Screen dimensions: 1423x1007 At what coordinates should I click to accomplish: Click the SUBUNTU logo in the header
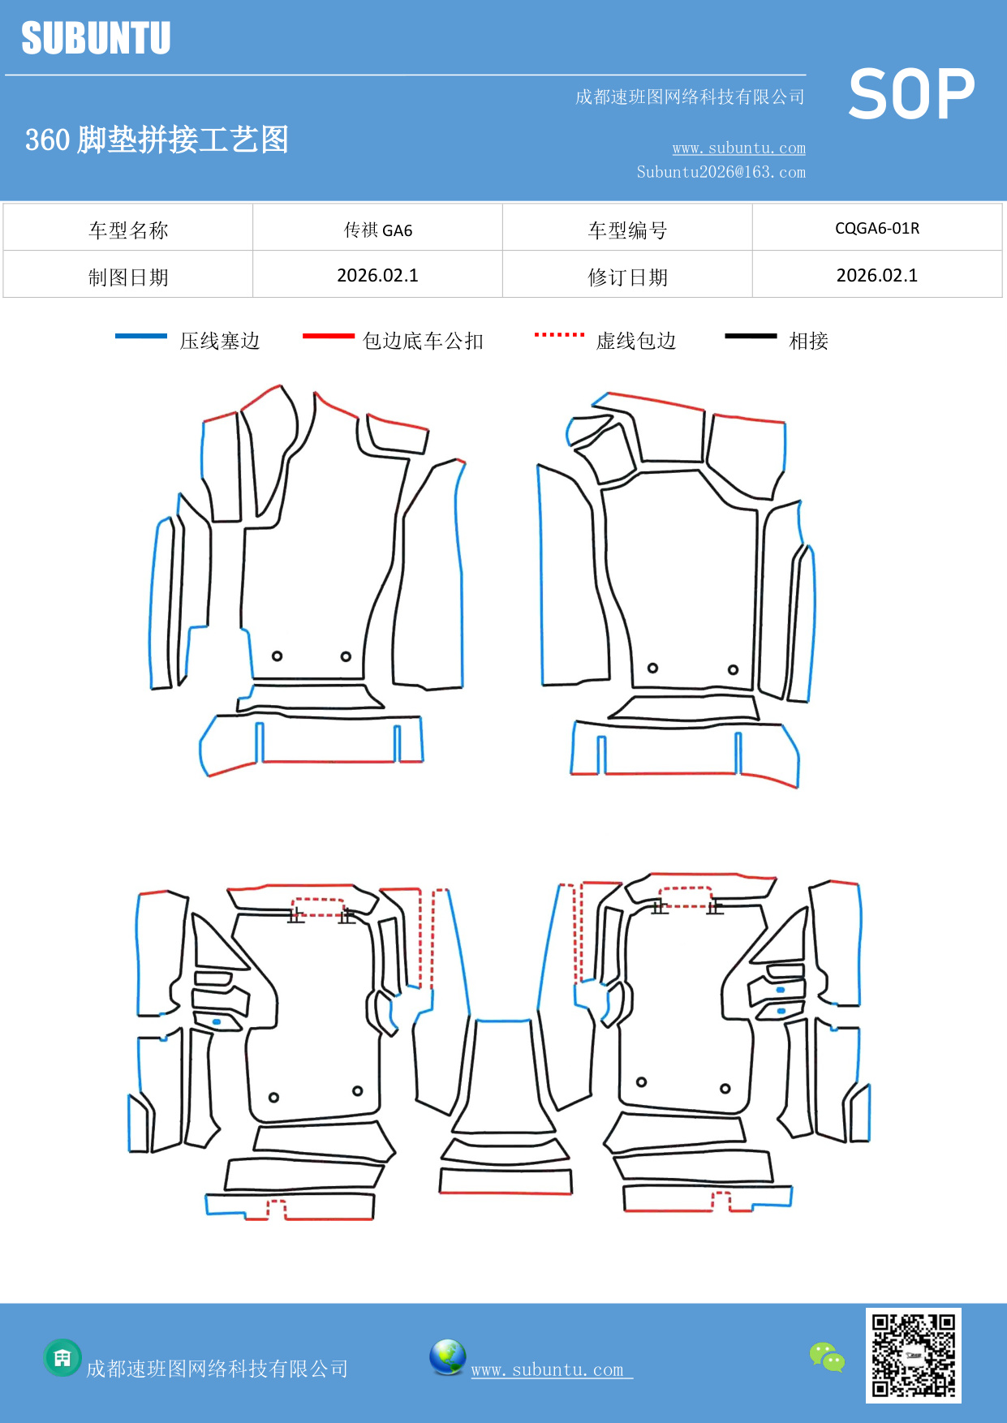(96, 38)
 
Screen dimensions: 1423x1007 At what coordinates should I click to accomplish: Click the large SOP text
(911, 95)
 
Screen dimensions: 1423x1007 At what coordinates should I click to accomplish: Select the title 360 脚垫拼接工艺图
(157, 140)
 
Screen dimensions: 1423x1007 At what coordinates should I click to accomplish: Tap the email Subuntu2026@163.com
(721, 172)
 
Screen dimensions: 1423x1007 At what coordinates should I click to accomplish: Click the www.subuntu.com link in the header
(738, 148)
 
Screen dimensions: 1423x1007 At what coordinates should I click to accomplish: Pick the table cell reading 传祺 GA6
(377, 230)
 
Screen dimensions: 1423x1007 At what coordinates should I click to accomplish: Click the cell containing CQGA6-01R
(876, 228)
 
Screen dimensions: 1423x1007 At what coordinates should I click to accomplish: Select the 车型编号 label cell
(627, 230)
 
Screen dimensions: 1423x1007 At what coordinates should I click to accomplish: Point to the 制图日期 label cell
(128, 277)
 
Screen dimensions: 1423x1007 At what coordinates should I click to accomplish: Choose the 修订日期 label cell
(627, 277)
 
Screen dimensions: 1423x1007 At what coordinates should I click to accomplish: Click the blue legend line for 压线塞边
(140, 336)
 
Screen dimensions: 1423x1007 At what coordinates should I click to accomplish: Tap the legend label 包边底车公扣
(423, 341)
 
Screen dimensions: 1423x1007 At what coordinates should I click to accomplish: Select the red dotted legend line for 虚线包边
(559, 334)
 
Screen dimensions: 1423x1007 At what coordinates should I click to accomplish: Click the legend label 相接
(808, 341)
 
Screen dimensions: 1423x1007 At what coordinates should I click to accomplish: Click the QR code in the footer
(913, 1355)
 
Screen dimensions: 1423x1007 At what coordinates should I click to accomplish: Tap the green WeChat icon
(827, 1356)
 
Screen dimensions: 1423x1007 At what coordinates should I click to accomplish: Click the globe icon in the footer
(447, 1357)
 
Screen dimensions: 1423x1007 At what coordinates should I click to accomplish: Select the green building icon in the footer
(62, 1357)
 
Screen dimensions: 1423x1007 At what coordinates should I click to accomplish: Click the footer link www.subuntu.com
(548, 1369)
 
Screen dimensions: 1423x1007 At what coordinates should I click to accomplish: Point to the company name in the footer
(217, 1369)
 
